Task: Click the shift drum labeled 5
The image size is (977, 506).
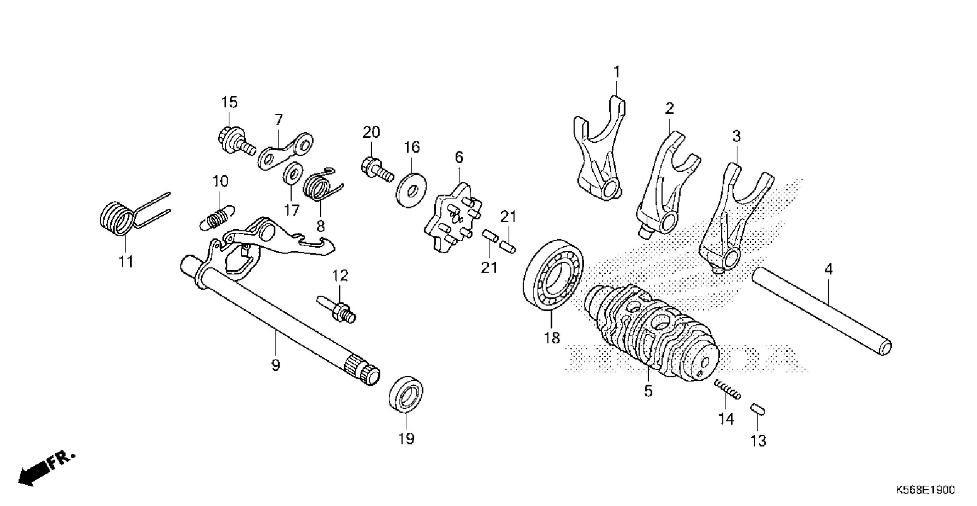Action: pyautogui.click(x=649, y=336)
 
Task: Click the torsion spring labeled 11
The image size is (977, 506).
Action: pyautogui.click(x=118, y=221)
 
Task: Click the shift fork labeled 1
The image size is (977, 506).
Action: pyautogui.click(x=599, y=156)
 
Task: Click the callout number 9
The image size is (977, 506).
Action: pyautogui.click(x=276, y=365)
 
